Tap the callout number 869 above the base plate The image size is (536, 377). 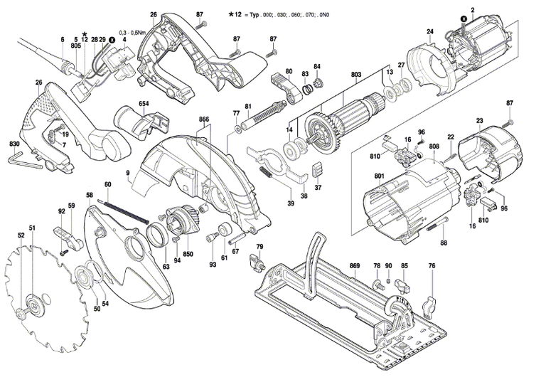(x=355, y=266)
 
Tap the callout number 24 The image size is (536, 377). (x=429, y=31)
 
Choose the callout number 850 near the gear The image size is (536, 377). (x=188, y=253)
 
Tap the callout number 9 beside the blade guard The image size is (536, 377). (x=127, y=172)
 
